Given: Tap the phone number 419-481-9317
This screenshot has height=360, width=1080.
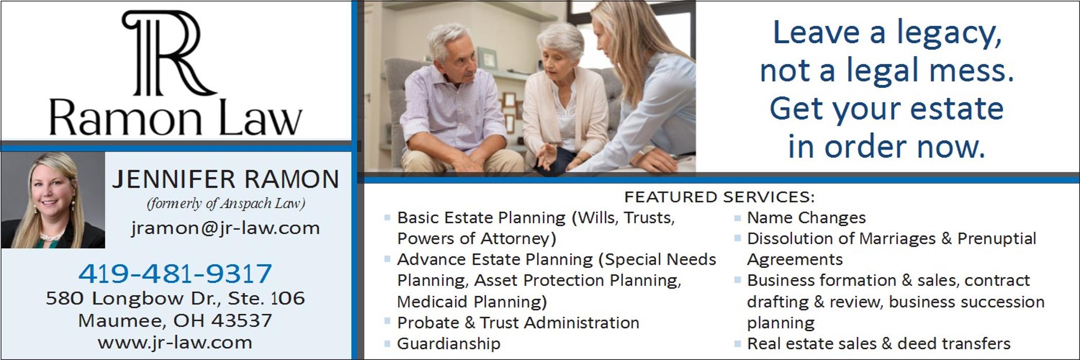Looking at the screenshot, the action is click(x=175, y=273).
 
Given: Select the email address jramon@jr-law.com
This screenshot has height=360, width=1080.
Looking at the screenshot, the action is click(x=225, y=228).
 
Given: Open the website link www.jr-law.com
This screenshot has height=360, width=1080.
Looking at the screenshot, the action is click(x=175, y=343).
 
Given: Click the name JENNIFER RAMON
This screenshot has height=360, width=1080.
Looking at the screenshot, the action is click(x=226, y=179).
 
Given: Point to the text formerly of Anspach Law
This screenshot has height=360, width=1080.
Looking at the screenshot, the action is click(x=226, y=204).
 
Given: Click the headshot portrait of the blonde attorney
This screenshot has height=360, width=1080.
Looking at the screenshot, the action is click(x=52, y=200).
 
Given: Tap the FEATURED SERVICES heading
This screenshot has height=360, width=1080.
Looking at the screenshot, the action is click(x=719, y=197).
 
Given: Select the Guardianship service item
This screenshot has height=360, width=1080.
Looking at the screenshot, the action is click(x=448, y=344).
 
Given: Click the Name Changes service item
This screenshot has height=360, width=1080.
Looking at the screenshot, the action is click(x=806, y=218).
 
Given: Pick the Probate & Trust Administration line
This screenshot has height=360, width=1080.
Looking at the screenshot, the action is click(x=518, y=322).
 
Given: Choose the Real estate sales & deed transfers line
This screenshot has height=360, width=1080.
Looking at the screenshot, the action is click(x=878, y=343).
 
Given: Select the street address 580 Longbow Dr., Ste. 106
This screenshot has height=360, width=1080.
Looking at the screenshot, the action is click(x=175, y=298).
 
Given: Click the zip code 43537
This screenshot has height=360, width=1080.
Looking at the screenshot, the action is click(x=241, y=320).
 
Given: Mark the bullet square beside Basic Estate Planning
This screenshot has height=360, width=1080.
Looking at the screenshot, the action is click(x=387, y=218).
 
